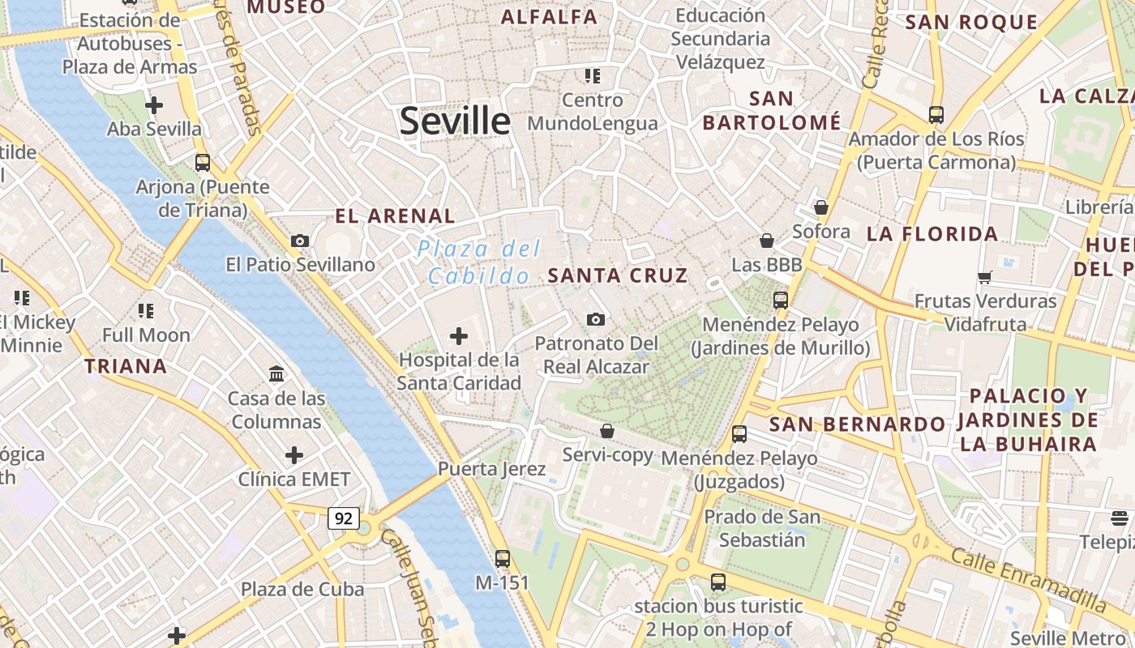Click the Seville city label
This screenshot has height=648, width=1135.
[x=455, y=121]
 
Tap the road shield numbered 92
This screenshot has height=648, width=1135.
[x=344, y=518]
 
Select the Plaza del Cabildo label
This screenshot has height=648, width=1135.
[x=479, y=262]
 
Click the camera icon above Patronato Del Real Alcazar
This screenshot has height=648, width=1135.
[x=596, y=319]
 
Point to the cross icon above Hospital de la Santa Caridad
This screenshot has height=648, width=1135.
[x=459, y=335]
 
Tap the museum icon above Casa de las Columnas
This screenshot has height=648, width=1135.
[x=276, y=374]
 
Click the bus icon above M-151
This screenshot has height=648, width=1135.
[x=503, y=558]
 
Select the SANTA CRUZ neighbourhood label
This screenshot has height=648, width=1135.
[x=618, y=275]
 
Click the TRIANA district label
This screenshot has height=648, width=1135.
[x=126, y=366]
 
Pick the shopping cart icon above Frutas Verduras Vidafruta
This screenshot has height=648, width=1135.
[x=985, y=278]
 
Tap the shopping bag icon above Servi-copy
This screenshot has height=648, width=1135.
[x=607, y=431]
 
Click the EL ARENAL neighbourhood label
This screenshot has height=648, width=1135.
[x=396, y=216]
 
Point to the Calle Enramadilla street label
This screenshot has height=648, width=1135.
[x=1027, y=580]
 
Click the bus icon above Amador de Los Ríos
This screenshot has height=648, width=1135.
[x=936, y=115]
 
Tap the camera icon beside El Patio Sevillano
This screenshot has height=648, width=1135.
[x=300, y=241]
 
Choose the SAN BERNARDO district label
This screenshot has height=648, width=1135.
[x=857, y=424]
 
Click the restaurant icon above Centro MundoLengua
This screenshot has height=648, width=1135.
[x=593, y=76]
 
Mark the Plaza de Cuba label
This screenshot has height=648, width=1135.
[x=302, y=589]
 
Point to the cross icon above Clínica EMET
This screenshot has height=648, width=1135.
[x=294, y=455]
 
